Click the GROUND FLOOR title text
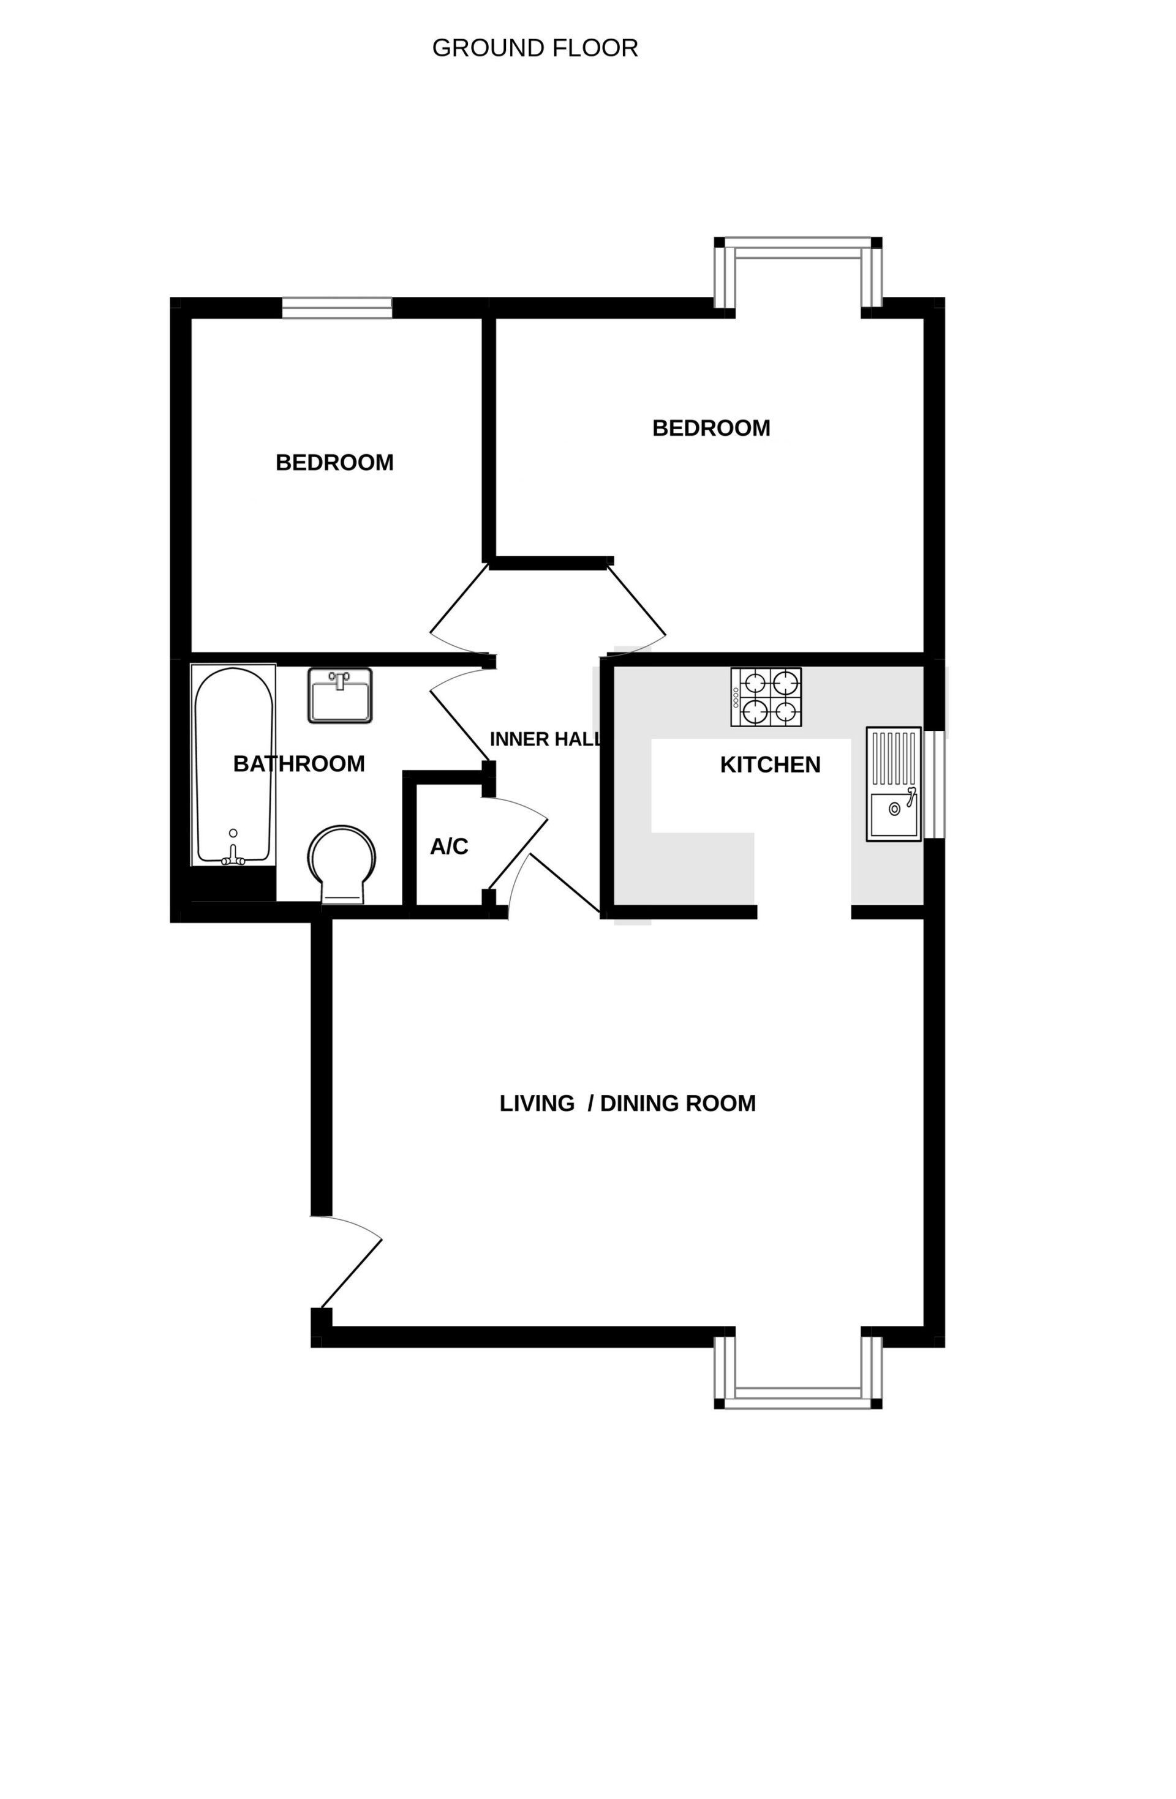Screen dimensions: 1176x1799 click(x=535, y=48)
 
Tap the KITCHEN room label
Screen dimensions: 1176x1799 click(x=770, y=765)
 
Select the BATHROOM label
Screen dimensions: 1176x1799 click(x=299, y=764)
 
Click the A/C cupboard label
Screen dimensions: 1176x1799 click(x=449, y=847)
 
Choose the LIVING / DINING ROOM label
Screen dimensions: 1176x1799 click(x=628, y=1104)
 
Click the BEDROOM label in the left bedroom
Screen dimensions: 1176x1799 click(x=334, y=463)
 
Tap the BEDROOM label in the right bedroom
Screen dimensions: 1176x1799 click(x=711, y=428)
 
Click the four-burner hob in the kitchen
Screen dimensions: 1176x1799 click(x=766, y=697)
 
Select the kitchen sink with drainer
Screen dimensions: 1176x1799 click(x=893, y=784)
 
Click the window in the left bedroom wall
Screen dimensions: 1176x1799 click(x=337, y=309)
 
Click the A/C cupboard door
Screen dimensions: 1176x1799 click(x=516, y=843)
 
